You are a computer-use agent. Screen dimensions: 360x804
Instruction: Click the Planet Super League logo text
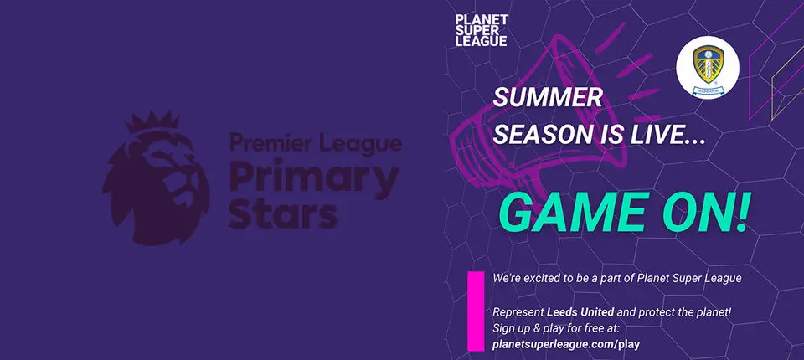pos(481,30)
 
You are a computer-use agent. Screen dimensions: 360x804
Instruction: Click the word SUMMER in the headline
pos(547,98)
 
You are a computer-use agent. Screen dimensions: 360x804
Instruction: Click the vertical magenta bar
pos(475,311)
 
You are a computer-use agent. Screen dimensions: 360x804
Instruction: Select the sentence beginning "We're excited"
pos(617,277)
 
